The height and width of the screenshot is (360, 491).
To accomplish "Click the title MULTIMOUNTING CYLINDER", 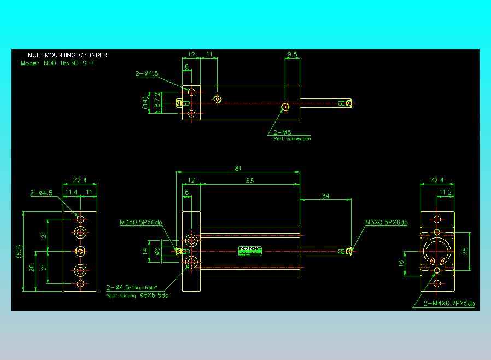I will pyautogui.click(x=67, y=55).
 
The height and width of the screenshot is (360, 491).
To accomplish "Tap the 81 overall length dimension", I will pyautogui.click(x=238, y=169).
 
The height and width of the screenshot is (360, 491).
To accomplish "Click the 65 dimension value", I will pyautogui.click(x=250, y=181).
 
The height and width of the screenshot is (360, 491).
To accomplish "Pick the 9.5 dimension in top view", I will pyautogui.click(x=292, y=55).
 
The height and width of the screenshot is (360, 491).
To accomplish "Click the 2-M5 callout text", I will pyautogui.click(x=282, y=132).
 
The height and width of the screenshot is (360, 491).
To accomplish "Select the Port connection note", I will pyautogui.click(x=292, y=139).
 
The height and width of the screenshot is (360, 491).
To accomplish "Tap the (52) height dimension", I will pyautogui.click(x=19, y=252).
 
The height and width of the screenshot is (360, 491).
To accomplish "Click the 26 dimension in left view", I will pyautogui.click(x=31, y=268).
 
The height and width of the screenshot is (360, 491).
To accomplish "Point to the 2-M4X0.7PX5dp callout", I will pyautogui.click(x=449, y=304).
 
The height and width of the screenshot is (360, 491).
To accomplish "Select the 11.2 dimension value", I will pyautogui.click(x=446, y=193).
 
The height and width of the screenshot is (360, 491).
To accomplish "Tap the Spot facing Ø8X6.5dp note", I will pyautogui.click(x=137, y=295).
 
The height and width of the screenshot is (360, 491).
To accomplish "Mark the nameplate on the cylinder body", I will pyautogui.click(x=251, y=251).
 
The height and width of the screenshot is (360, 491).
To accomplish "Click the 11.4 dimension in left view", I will pyautogui.click(x=71, y=193).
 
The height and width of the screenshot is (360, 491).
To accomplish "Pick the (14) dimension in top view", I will pyautogui.click(x=145, y=103).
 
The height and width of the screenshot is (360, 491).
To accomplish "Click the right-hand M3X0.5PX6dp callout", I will pyautogui.click(x=387, y=223).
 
